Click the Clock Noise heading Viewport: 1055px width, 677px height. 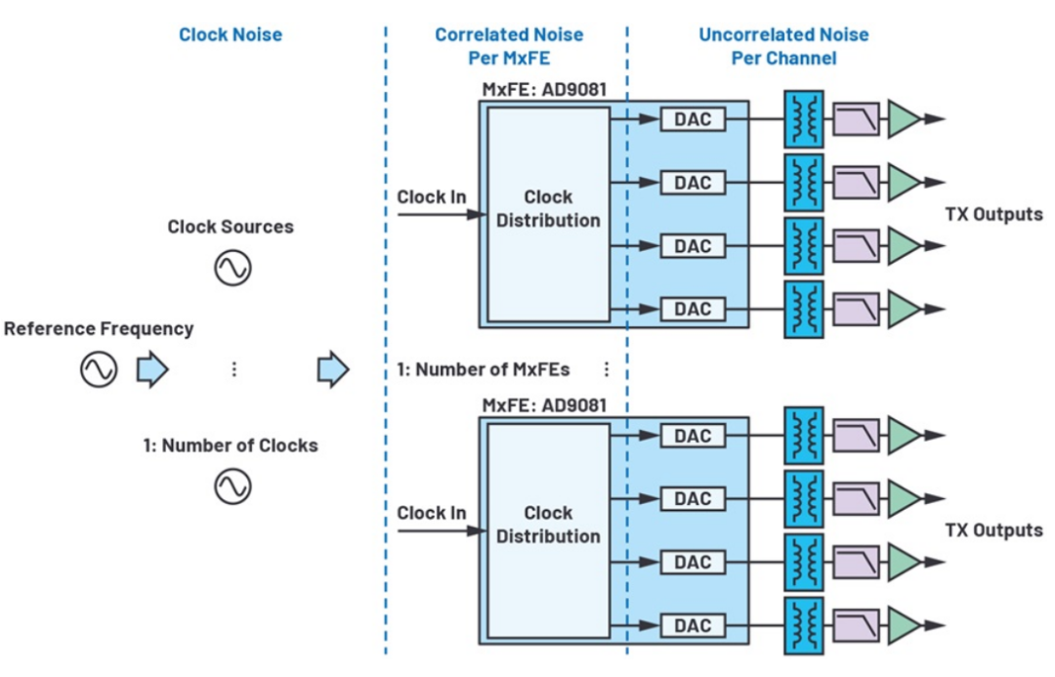point(231,35)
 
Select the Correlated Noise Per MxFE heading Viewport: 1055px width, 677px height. point(509,46)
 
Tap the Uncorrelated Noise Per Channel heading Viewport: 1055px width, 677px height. point(783,46)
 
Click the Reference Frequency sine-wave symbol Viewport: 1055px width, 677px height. point(99,369)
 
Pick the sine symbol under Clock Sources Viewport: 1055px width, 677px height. point(232,268)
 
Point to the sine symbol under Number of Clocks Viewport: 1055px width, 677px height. point(232,486)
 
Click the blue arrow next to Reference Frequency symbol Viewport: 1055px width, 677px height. point(152,369)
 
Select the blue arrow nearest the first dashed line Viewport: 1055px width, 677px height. point(333,369)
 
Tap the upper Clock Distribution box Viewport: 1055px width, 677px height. point(548,214)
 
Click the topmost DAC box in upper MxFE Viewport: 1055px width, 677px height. point(693,119)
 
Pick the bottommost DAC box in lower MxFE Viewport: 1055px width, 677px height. point(693,625)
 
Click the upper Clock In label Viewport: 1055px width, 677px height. point(431,196)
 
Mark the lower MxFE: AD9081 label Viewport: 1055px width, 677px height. point(544,404)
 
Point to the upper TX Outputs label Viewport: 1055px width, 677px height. point(993,214)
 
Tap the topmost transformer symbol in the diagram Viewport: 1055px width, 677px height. point(803,119)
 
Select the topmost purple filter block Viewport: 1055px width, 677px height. point(855,119)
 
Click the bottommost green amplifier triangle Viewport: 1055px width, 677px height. point(904,625)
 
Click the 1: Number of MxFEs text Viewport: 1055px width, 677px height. point(483,369)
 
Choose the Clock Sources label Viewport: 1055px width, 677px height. point(231,227)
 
